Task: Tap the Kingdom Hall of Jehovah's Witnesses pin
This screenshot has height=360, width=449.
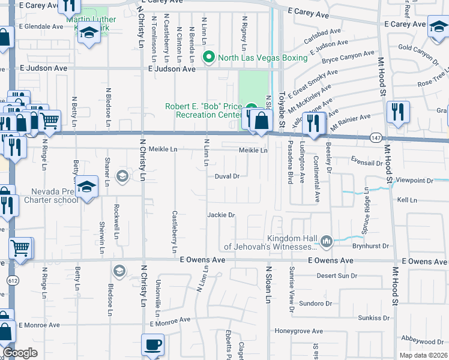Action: click(x=326, y=241)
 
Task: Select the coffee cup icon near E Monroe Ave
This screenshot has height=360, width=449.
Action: click(x=152, y=345)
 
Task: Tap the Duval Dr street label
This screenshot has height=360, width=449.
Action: click(x=228, y=176)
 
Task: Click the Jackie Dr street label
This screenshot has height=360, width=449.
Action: click(x=220, y=214)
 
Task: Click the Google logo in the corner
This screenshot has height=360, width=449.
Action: click(x=20, y=353)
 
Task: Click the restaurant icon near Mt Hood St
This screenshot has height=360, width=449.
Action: click(x=398, y=112)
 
